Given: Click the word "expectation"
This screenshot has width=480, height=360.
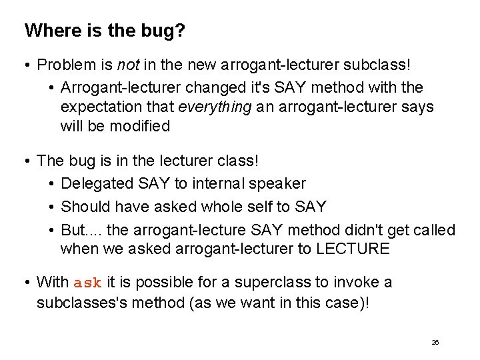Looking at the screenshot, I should coord(99,107).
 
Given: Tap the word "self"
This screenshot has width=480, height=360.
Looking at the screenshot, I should coord(259,207).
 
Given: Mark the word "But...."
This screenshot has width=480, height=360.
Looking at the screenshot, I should coord(81,230).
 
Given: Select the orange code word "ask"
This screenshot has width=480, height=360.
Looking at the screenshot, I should coord(87,283).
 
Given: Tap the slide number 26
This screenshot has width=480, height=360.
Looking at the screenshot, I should coord(435,342).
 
